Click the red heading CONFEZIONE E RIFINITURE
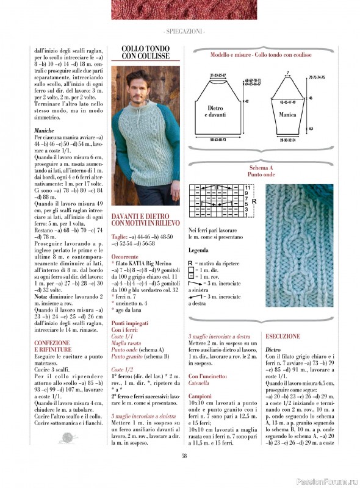(52, 346)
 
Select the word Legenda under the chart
(198, 251)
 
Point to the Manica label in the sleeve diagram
(287, 115)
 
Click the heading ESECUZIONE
(283, 336)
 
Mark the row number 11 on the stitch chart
(247, 187)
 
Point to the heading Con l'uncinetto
(211, 376)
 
